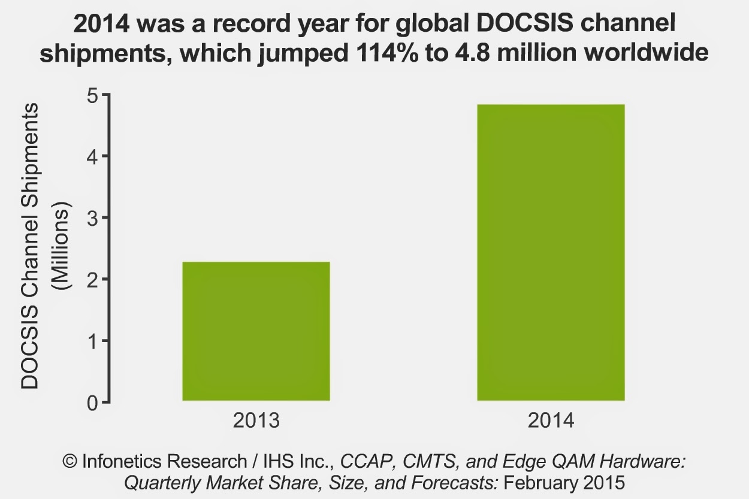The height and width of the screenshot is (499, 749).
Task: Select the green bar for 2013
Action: tap(256, 331)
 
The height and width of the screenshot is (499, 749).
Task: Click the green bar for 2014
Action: tap(551, 252)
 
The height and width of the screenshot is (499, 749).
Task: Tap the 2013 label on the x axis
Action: tap(256, 421)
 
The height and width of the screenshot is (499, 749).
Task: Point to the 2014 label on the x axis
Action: tap(551, 421)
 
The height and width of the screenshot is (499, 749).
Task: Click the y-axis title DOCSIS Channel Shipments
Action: tap(30, 246)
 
